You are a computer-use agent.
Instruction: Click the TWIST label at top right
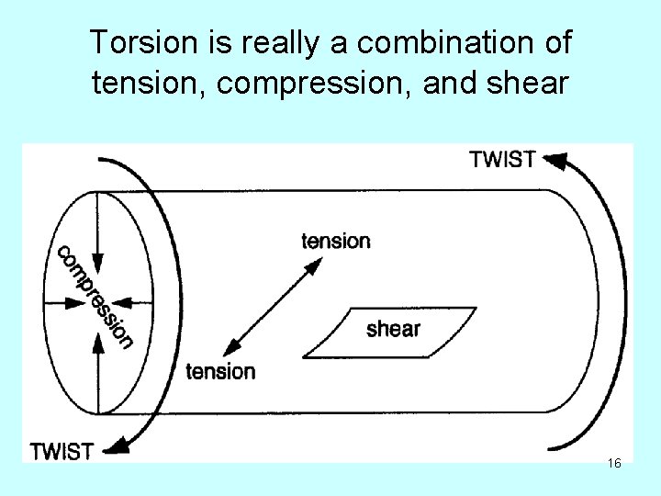pyautogui.click(x=502, y=159)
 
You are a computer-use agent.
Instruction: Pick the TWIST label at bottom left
pyautogui.click(x=62, y=451)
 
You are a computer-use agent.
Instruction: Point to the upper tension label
pyautogui.click(x=336, y=241)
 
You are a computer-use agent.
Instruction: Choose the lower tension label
pyautogui.click(x=220, y=371)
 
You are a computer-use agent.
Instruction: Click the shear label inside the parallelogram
pyautogui.click(x=393, y=328)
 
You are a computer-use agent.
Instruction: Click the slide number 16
pyautogui.click(x=614, y=464)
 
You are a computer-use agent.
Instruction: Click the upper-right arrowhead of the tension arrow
pyautogui.click(x=315, y=265)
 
